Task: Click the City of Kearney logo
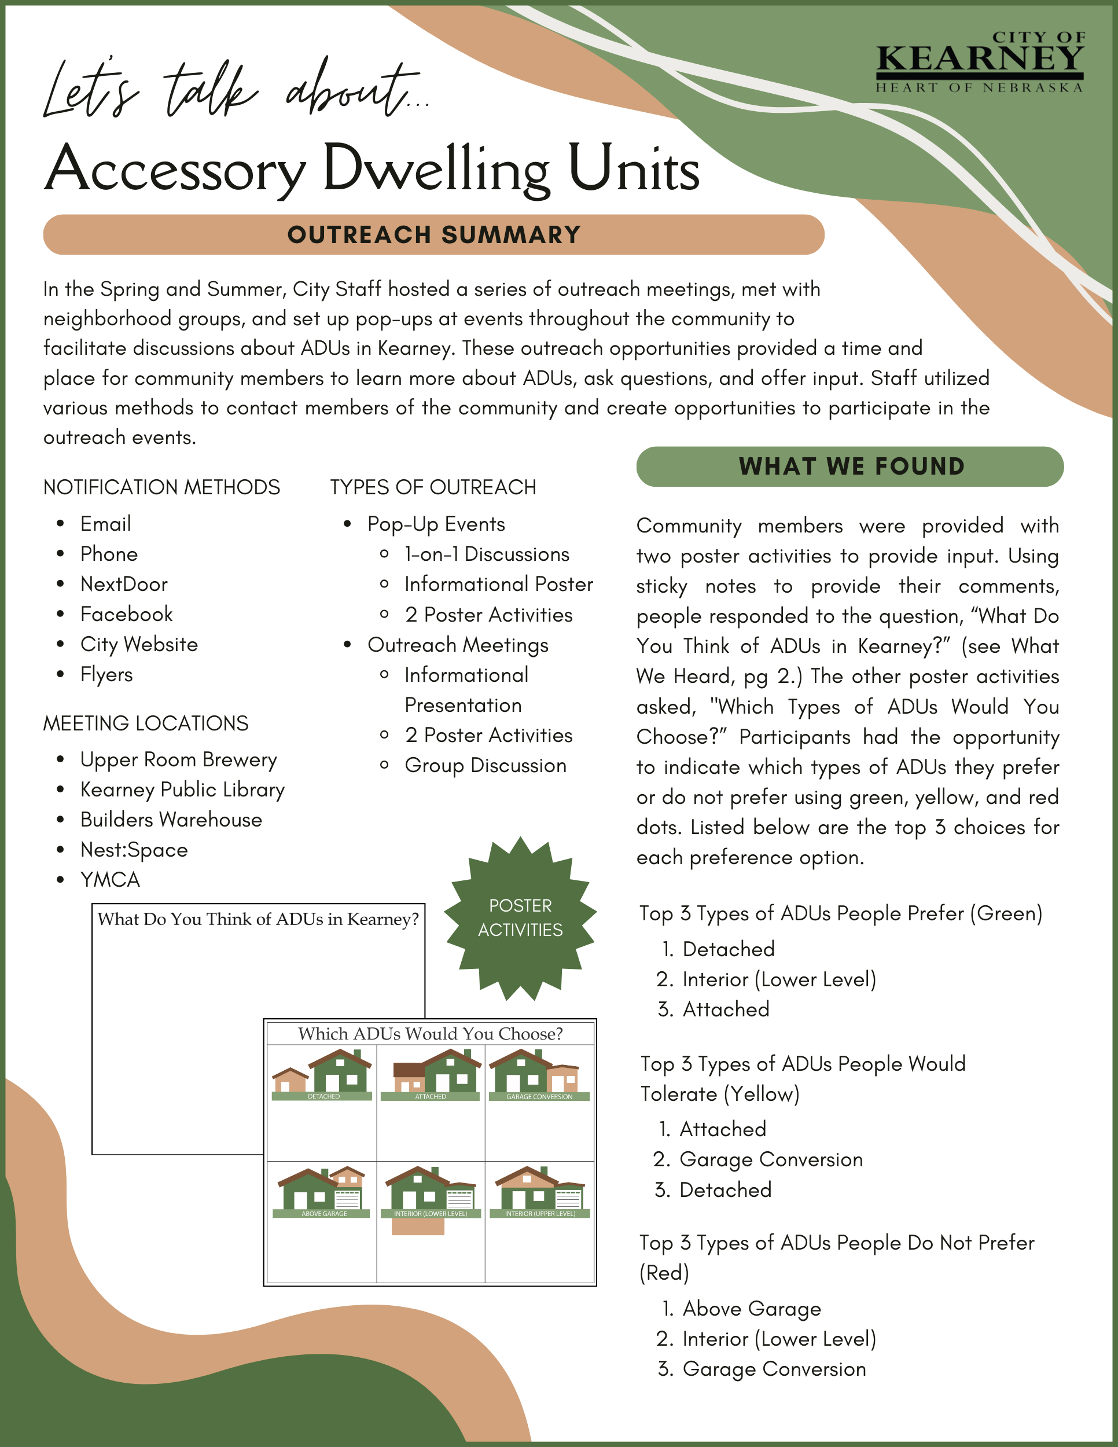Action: tap(980, 61)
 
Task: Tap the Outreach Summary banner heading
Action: tap(434, 234)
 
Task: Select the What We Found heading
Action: tap(851, 467)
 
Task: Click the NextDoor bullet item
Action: tap(124, 583)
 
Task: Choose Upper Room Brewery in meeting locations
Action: tap(179, 759)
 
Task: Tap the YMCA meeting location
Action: tap(110, 879)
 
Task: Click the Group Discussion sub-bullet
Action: tap(486, 765)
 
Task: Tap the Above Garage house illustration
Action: tap(322, 1191)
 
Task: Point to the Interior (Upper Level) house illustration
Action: tap(539, 1191)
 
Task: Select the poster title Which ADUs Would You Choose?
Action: tap(431, 1034)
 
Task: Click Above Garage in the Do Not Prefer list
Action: tap(752, 1309)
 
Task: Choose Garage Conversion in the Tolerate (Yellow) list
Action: tap(771, 1159)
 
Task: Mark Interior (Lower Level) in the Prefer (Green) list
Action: tap(779, 979)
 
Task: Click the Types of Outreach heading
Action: tap(433, 487)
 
